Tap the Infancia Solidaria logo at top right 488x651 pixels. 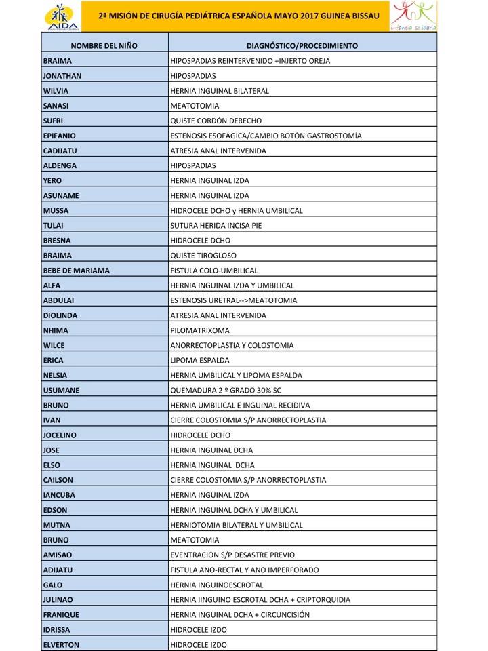coord(413,16)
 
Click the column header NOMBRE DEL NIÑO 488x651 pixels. coord(104,46)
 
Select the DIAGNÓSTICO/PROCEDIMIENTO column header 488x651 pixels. coord(302,46)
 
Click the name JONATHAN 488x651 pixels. coord(62,76)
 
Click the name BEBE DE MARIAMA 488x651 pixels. coord(76,271)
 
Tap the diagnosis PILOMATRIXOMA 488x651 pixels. coord(200,330)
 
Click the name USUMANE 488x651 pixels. coord(61,390)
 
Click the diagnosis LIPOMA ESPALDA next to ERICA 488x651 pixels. coord(200,360)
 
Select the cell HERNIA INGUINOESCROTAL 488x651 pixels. coord(217,585)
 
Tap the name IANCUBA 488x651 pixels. coord(59,495)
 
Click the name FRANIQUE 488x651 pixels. coord(60,615)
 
